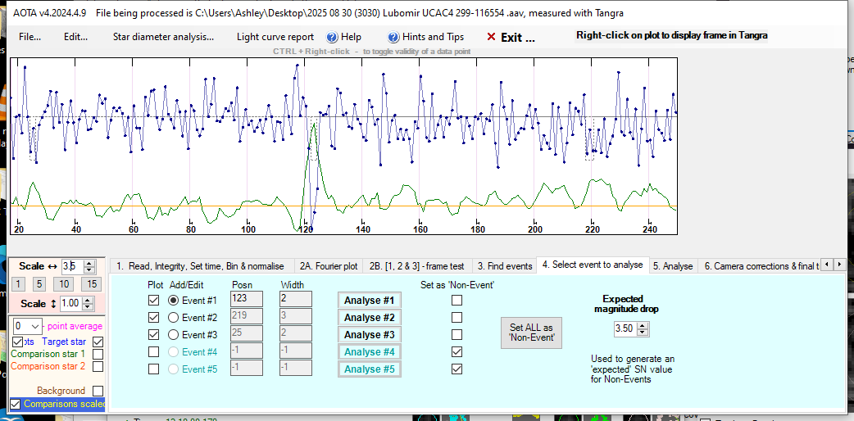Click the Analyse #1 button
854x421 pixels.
click(370, 300)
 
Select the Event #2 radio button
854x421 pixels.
click(173, 317)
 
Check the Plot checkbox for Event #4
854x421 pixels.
click(153, 351)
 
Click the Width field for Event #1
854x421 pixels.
click(295, 300)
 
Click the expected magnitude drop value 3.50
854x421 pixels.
click(625, 328)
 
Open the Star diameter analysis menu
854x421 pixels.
click(163, 37)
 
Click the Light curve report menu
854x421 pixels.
click(275, 37)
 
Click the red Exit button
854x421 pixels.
click(511, 37)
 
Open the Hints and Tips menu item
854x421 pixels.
click(426, 37)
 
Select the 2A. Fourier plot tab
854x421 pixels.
click(328, 266)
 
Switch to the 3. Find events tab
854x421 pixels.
click(505, 266)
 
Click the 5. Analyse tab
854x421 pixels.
click(673, 266)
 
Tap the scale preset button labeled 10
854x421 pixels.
click(66, 284)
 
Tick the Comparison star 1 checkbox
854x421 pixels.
click(98, 354)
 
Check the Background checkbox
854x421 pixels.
click(98, 391)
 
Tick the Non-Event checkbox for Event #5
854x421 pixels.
click(457, 369)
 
